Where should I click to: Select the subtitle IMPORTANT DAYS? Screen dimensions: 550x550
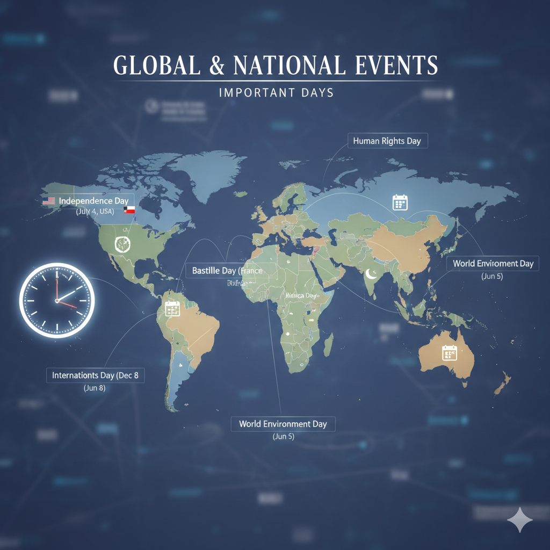[276, 92]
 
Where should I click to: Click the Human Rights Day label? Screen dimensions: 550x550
[387, 141]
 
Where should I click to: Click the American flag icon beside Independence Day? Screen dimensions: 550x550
[48, 201]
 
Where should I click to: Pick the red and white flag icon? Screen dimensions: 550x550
[129, 210]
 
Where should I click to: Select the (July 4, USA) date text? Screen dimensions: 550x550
[95, 212]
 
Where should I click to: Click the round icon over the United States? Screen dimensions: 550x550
[122, 244]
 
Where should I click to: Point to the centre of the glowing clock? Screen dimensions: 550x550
[56, 301]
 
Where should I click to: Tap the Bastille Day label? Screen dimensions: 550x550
[227, 270]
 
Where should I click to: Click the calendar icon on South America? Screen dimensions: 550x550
[172, 308]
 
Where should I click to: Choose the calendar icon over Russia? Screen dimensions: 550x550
[400, 202]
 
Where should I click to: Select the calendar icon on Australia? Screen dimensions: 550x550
[448, 352]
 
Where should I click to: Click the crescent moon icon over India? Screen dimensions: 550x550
[371, 274]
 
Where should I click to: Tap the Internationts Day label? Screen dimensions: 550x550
[95, 375]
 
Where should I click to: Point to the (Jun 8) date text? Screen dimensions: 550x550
[95, 388]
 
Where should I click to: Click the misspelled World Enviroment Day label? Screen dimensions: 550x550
[493, 263]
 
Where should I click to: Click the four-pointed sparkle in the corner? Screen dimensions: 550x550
[519, 520]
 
